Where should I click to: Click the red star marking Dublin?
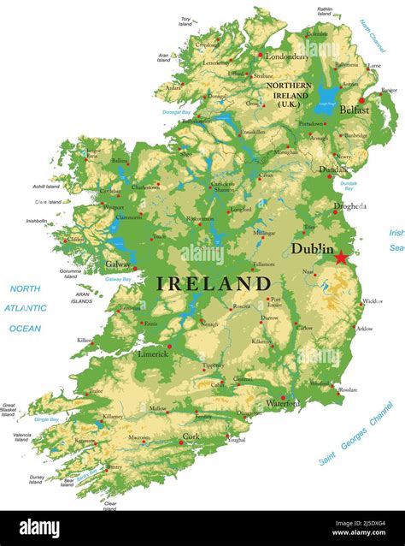(342, 257)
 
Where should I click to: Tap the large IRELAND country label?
(214, 283)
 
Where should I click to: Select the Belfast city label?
(354, 110)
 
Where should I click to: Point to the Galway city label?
(117, 264)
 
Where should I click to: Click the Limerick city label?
(153, 353)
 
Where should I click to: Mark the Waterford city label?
(282, 402)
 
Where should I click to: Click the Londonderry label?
(287, 56)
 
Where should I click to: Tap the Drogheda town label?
(350, 206)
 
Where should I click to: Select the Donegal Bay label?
(176, 112)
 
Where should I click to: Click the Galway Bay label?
(118, 279)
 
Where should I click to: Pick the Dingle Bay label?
(47, 419)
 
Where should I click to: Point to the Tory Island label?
(185, 21)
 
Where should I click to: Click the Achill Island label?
(46, 186)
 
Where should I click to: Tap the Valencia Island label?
(22, 437)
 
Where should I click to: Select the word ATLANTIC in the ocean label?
(26, 308)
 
